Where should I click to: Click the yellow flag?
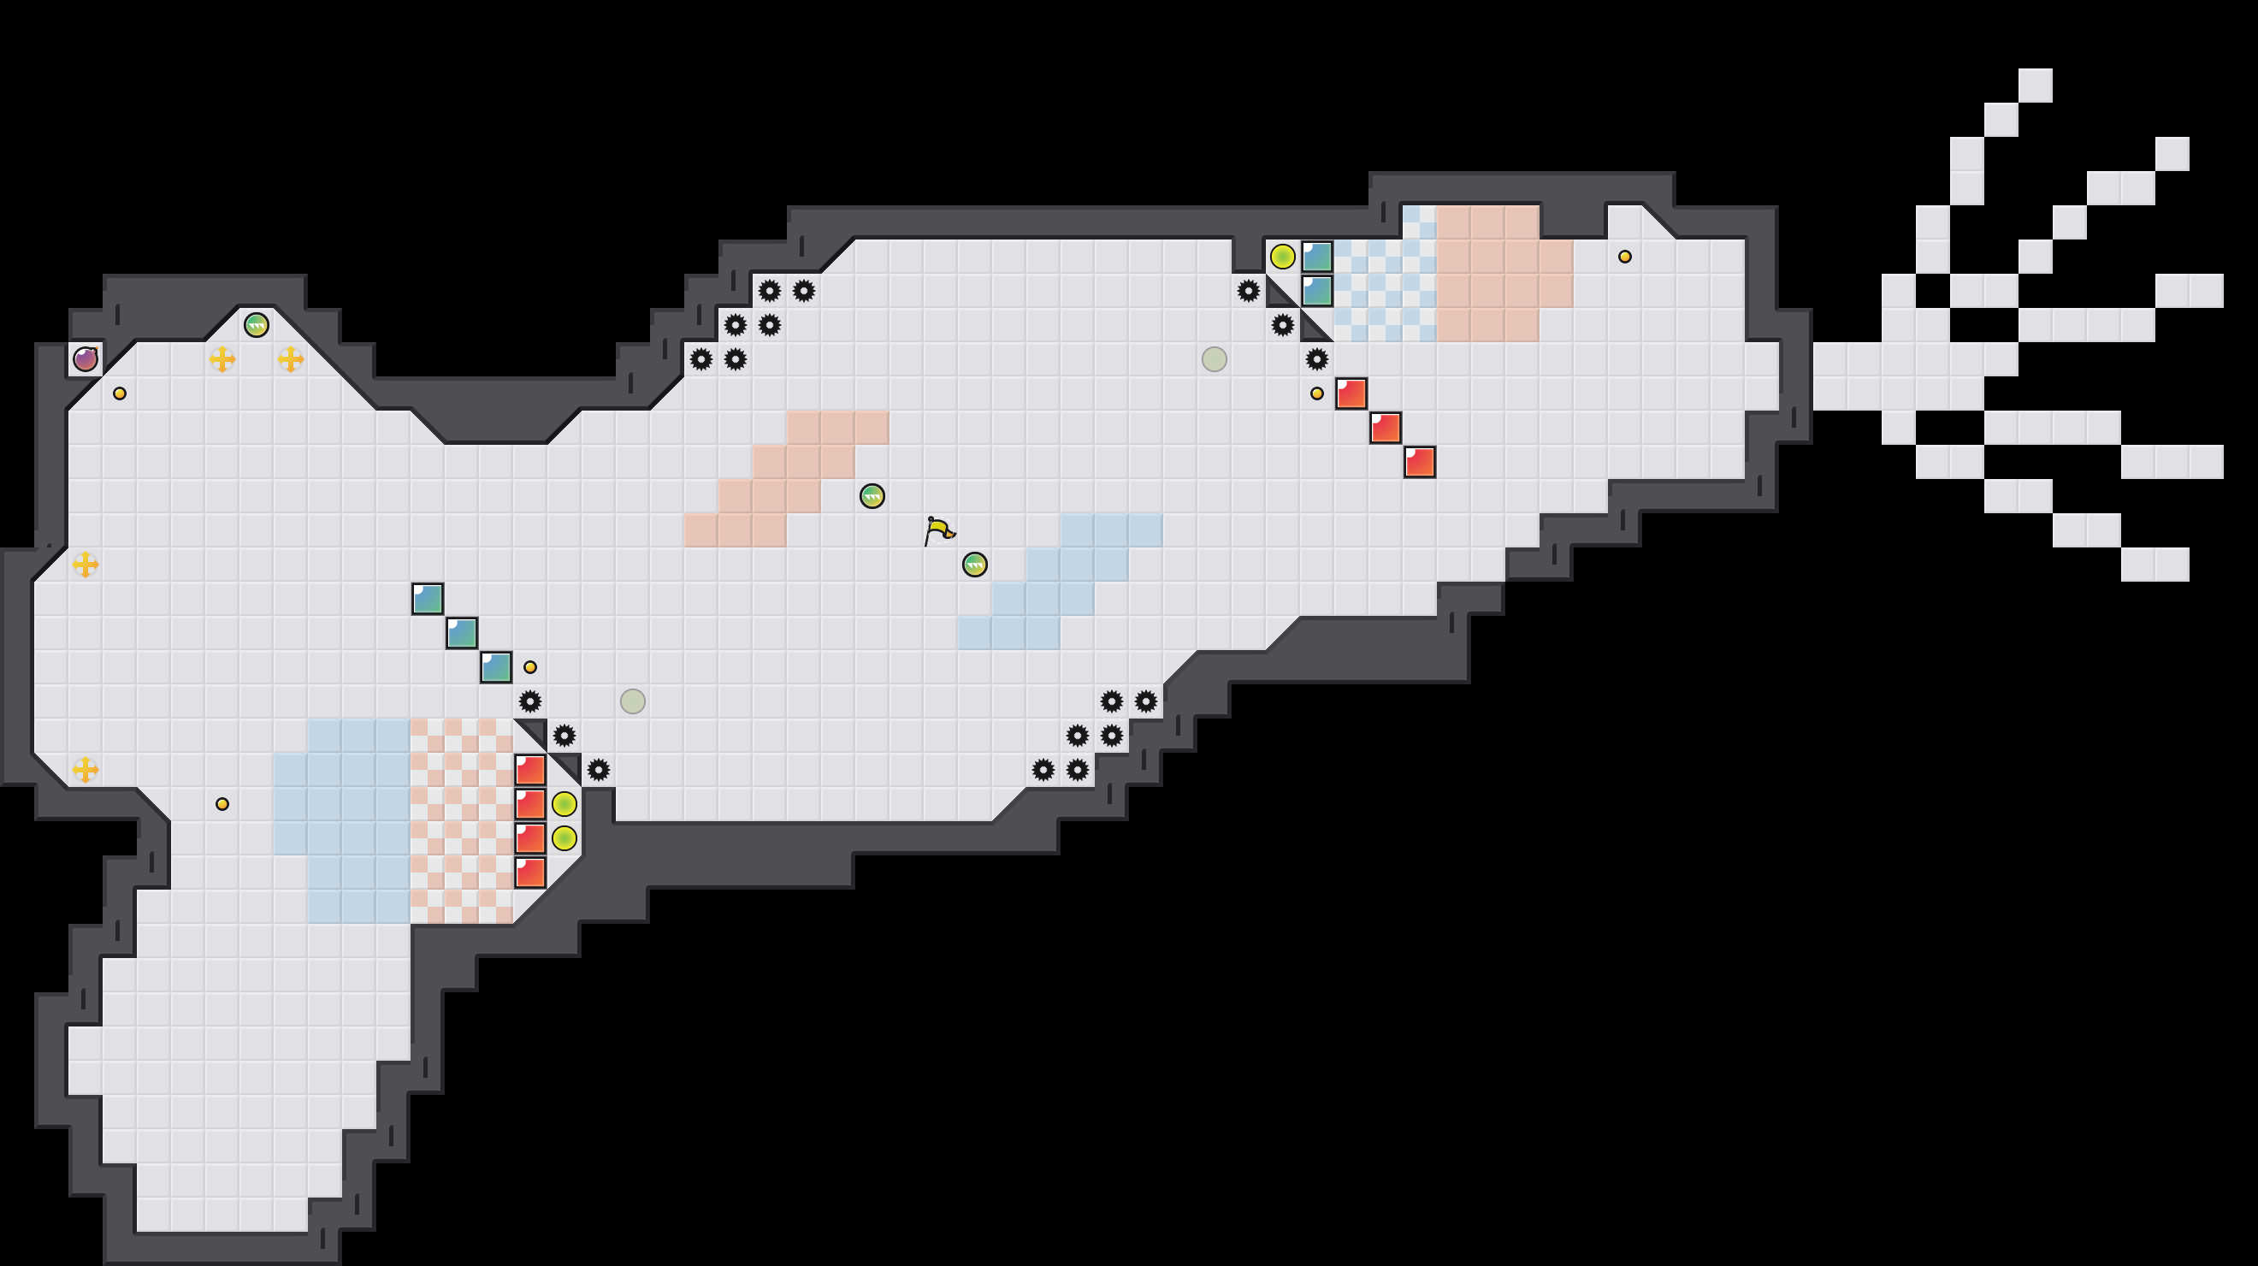coord(939,529)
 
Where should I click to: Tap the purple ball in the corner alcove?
coord(85,358)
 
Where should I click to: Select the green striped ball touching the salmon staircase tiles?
coord(872,496)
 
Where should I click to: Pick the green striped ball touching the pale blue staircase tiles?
coord(975,565)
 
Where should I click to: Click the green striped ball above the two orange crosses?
coord(256,325)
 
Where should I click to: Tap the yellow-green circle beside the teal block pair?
coord(1282,257)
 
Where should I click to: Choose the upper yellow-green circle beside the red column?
coord(564,804)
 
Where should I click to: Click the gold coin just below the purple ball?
coord(119,393)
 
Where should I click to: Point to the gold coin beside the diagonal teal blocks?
coord(530,667)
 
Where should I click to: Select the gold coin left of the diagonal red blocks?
coord(1316,393)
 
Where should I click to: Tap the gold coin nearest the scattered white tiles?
coord(1624,257)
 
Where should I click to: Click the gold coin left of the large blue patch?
coord(222,804)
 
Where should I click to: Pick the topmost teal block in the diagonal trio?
coord(428,599)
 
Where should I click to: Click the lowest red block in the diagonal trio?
coord(1419,462)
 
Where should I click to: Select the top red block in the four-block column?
coord(530,770)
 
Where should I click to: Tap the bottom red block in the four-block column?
coord(530,873)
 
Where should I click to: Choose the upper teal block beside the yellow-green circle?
coord(1316,257)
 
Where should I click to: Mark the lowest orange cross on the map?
coord(85,770)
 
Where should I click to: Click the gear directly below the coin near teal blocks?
coord(530,701)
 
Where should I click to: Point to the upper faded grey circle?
coord(1214,358)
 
